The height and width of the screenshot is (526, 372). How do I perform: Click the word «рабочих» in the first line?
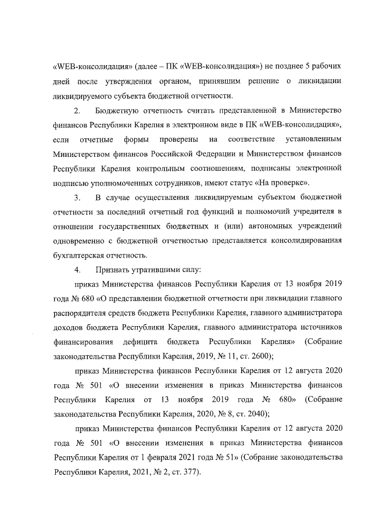click(x=323, y=63)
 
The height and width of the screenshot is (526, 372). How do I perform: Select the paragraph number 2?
click(x=78, y=110)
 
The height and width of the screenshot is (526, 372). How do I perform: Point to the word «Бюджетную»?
click(x=118, y=110)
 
